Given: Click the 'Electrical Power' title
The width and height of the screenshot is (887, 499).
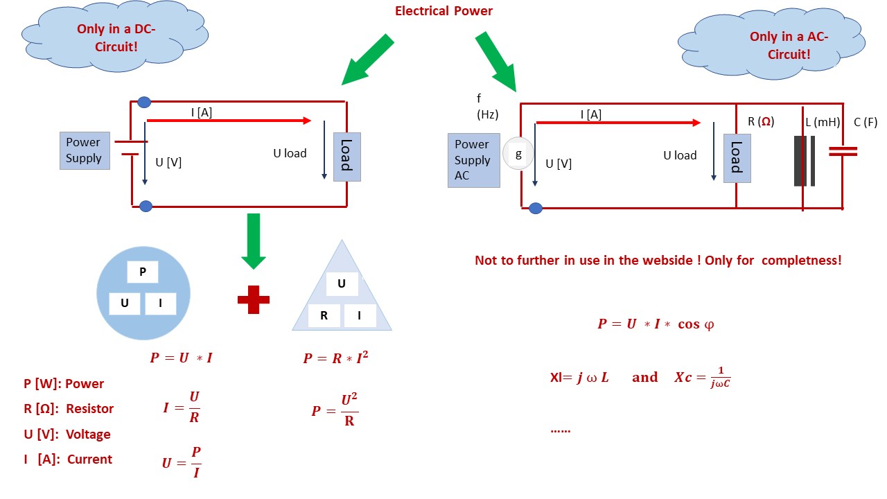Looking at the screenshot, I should click(443, 11).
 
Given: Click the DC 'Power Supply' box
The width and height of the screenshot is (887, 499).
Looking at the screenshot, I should click(84, 150).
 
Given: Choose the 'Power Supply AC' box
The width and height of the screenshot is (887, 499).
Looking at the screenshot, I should click(473, 160).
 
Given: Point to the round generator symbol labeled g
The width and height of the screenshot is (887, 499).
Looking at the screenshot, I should click(518, 155).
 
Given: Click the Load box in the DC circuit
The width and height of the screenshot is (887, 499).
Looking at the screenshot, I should click(346, 157).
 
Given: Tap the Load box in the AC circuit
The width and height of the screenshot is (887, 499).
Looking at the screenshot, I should click(737, 158).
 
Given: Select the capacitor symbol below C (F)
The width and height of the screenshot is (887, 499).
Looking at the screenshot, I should click(843, 151).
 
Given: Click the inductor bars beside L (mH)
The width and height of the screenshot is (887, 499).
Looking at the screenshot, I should click(804, 161).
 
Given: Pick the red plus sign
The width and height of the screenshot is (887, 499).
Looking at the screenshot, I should click(253, 299).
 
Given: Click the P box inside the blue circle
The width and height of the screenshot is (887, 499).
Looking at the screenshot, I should click(143, 272).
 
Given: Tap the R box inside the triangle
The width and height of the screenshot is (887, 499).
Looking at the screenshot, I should click(324, 316).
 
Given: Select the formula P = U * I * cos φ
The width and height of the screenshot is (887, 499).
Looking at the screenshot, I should click(655, 324).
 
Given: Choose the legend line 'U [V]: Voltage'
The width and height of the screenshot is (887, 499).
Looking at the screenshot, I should click(67, 435).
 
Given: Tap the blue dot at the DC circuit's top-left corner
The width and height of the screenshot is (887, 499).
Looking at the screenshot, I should click(144, 103).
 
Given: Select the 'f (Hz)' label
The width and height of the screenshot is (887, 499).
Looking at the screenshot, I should click(488, 107).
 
